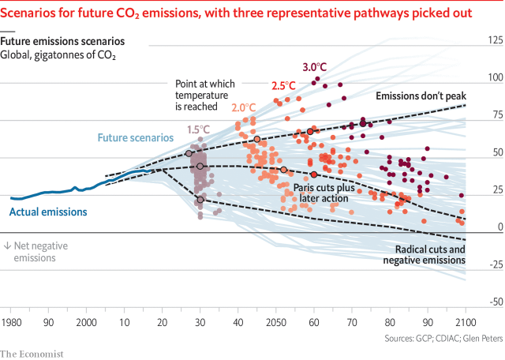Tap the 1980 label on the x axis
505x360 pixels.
point(11,323)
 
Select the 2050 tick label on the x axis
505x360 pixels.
point(276,323)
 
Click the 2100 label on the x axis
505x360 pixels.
point(467,323)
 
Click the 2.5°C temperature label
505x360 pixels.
point(283,84)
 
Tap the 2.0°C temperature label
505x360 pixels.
point(244,107)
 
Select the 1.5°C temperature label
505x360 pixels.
point(199,129)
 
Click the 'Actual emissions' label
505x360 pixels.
point(48,212)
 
